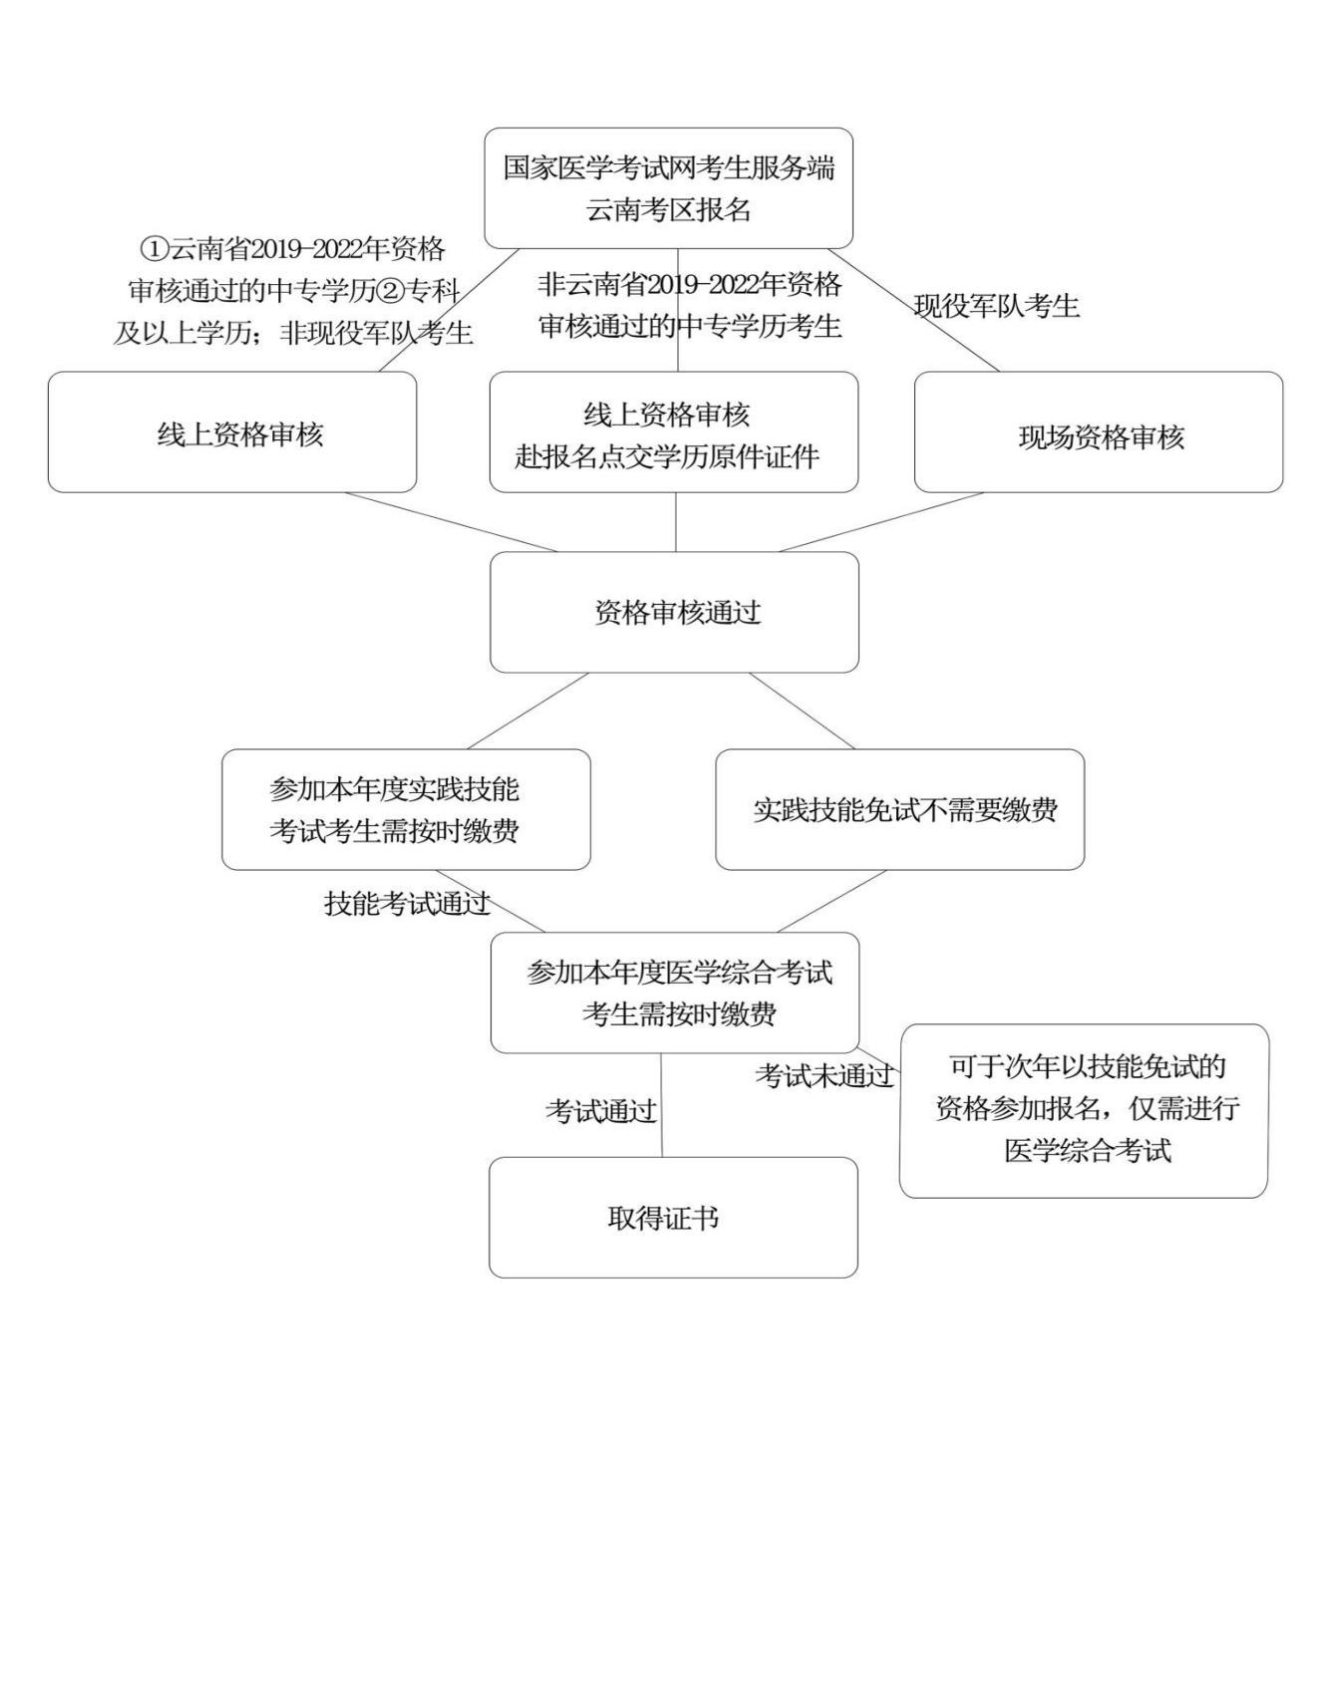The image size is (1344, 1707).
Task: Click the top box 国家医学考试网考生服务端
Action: tap(668, 187)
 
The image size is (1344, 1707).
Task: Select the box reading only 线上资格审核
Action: tap(232, 432)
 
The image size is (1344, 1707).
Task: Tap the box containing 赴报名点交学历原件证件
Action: tap(673, 432)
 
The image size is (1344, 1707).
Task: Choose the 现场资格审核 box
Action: tap(1098, 432)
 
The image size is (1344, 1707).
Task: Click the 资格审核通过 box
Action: tap(674, 612)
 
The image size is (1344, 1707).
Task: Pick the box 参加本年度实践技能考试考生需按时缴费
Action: tap(406, 809)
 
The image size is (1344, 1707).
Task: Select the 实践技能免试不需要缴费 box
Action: tap(899, 809)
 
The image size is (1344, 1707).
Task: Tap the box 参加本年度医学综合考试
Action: tap(674, 993)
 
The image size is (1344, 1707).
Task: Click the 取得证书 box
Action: tap(673, 1217)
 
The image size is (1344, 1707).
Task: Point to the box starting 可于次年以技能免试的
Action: tap(1084, 1110)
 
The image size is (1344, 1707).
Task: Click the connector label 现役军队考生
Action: tap(996, 306)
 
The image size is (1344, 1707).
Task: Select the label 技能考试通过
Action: tap(407, 903)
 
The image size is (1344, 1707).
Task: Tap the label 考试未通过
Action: tap(824, 1075)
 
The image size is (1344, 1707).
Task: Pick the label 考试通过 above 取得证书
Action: tap(600, 1110)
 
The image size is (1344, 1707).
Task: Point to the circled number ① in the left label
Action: tap(154, 248)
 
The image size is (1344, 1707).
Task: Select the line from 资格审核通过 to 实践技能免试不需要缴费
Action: tap(802, 711)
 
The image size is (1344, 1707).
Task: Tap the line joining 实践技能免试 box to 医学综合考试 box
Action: tap(832, 901)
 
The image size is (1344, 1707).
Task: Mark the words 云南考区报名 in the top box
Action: tap(668, 210)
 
